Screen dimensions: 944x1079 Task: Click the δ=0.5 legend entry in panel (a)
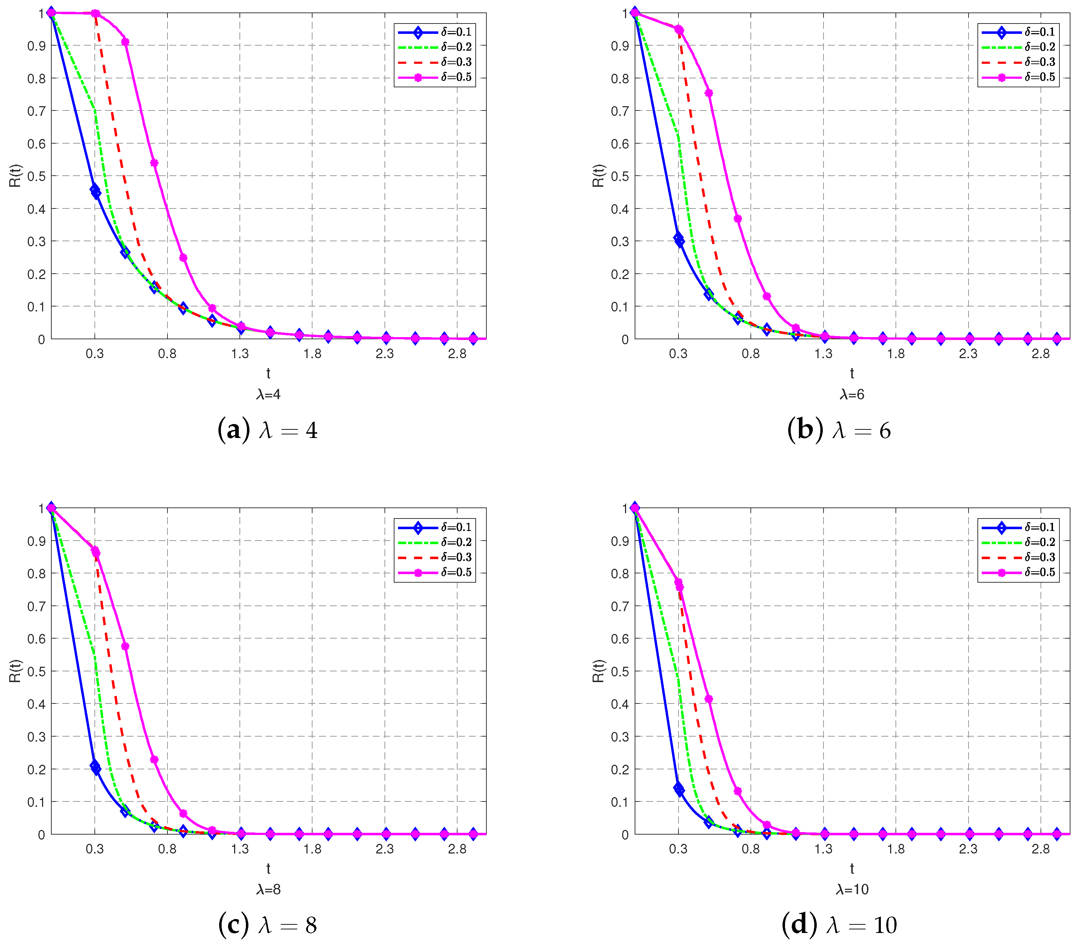(x=456, y=77)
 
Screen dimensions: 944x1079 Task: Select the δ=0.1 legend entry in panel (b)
(x=1039, y=32)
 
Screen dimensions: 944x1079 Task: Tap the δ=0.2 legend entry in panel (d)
(x=1039, y=542)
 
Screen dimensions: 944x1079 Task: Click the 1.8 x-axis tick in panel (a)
(x=312, y=354)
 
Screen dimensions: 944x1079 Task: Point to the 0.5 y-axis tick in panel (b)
(x=620, y=176)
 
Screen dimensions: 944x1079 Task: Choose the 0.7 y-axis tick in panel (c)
(x=36, y=606)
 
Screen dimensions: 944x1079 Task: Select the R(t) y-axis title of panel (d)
(x=599, y=671)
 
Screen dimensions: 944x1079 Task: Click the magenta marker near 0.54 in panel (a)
(x=154, y=163)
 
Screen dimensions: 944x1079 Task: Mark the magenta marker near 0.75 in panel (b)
(x=709, y=93)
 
